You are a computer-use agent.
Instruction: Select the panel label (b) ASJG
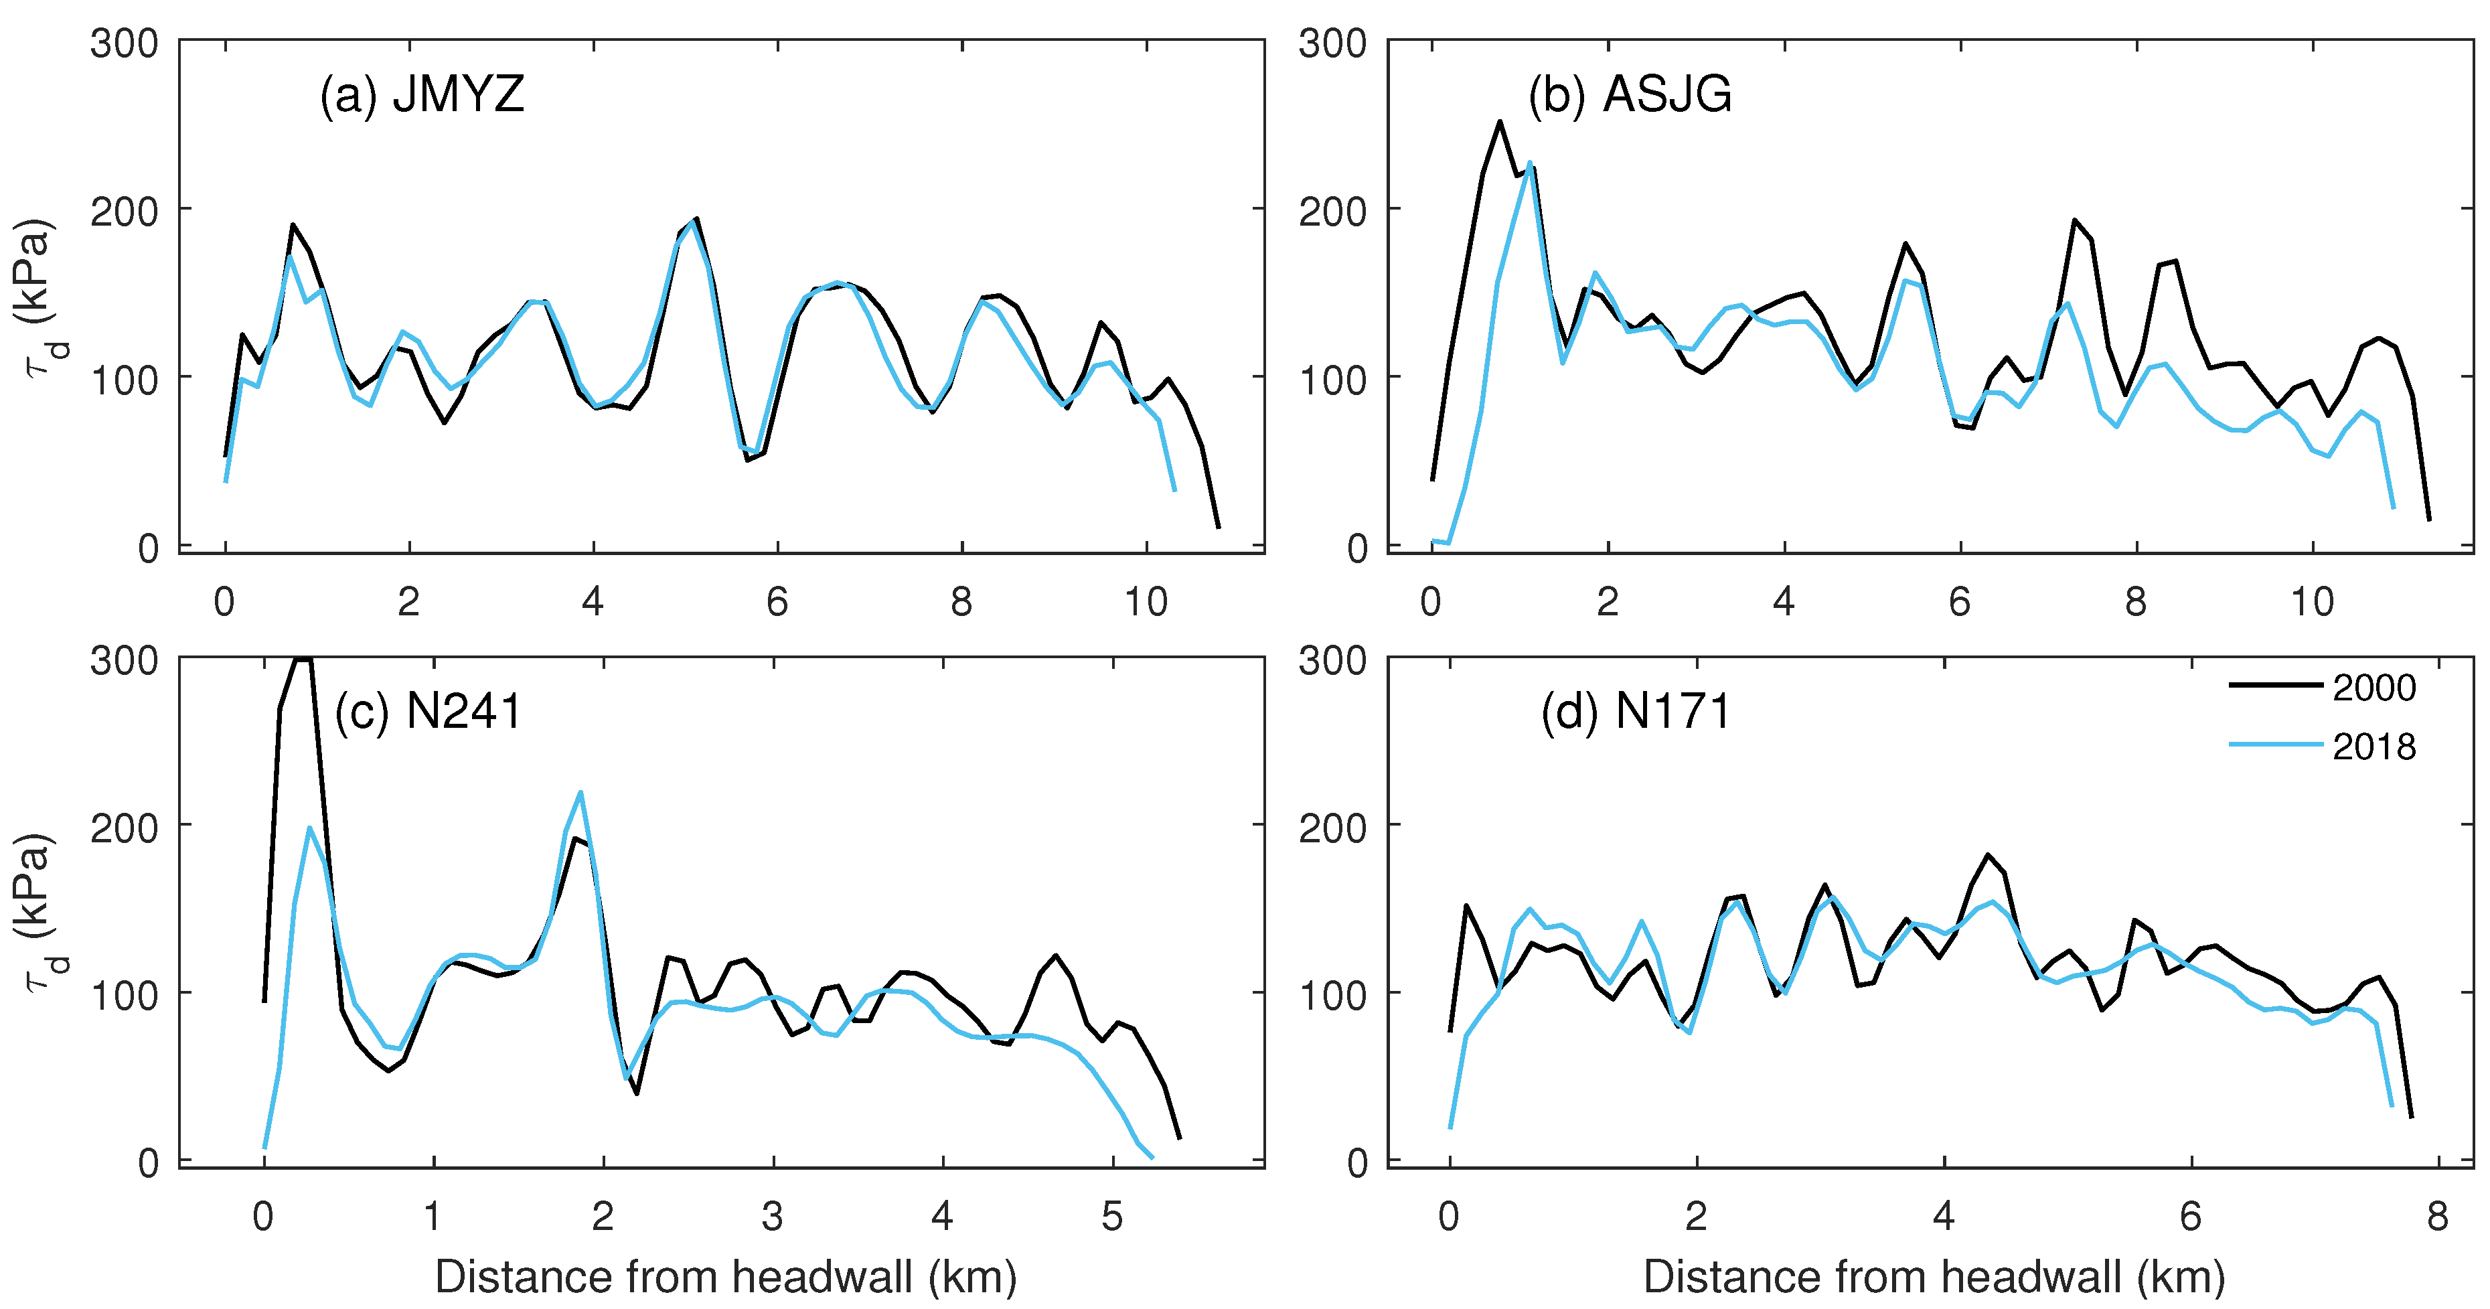pyautogui.click(x=1630, y=94)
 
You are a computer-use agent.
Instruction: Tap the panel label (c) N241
pyautogui.click(x=429, y=712)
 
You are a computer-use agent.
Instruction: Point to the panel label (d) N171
pyautogui.click(x=1636, y=712)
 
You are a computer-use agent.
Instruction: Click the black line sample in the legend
pyautogui.click(x=2275, y=684)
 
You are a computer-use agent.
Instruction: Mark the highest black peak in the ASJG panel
pyautogui.click(x=1500, y=122)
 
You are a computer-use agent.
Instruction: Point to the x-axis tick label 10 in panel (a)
pyautogui.click(x=1146, y=603)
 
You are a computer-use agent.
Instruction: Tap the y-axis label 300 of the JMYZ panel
pyautogui.click(x=124, y=44)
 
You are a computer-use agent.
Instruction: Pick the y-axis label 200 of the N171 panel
pyautogui.click(x=1332, y=828)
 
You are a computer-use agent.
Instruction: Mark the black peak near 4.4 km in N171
pyautogui.click(x=1989, y=854)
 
